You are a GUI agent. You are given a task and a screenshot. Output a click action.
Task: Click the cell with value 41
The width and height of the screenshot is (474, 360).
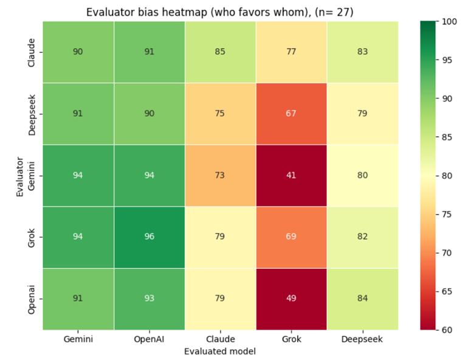pyautogui.click(x=291, y=176)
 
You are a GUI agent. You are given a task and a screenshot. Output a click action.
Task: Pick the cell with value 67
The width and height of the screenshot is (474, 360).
pyautogui.click(x=291, y=114)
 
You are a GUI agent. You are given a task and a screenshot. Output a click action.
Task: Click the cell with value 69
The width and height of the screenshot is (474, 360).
pyautogui.click(x=291, y=237)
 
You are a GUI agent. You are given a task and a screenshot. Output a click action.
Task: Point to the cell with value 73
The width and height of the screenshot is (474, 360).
pyautogui.click(x=220, y=176)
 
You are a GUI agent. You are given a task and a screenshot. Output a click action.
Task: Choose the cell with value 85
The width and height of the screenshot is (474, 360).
pyautogui.click(x=220, y=52)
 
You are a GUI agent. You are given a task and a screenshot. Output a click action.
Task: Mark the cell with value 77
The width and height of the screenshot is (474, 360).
pyautogui.click(x=291, y=52)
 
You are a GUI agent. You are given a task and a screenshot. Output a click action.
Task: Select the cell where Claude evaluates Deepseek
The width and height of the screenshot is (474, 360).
pyautogui.click(x=362, y=52)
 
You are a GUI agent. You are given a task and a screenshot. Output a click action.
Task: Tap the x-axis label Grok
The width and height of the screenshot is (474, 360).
pyautogui.click(x=291, y=339)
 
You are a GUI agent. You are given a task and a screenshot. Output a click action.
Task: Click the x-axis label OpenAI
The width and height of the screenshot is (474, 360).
pyautogui.click(x=149, y=339)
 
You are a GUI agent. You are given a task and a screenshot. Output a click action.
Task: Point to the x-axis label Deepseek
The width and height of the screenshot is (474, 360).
pyautogui.click(x=362, y=339)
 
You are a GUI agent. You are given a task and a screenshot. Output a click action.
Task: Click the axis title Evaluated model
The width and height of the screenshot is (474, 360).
pyautogui.click(x=220, y=351)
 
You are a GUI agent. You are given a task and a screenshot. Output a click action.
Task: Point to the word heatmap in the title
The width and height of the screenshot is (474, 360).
pyautogui.click(x=159, y=12)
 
